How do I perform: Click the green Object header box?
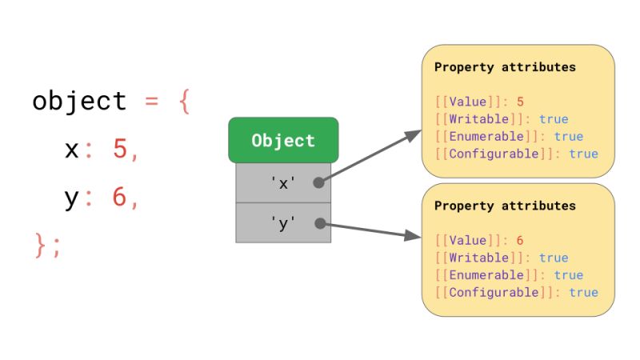coord(283,141)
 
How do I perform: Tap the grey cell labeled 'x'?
coord(283,183)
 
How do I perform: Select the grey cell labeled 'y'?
coord(283,223)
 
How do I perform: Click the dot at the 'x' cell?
coord(318,182)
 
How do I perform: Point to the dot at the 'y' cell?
coord(320,223)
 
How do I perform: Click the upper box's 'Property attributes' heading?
coord(505,67)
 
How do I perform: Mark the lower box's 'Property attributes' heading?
coord(505,206)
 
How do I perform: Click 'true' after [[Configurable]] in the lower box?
coord(583,292)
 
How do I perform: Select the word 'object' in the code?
coord(79,102)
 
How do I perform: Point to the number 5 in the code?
coord(120,150)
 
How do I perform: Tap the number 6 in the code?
coord(120,198)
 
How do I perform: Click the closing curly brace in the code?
coord(41,245)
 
